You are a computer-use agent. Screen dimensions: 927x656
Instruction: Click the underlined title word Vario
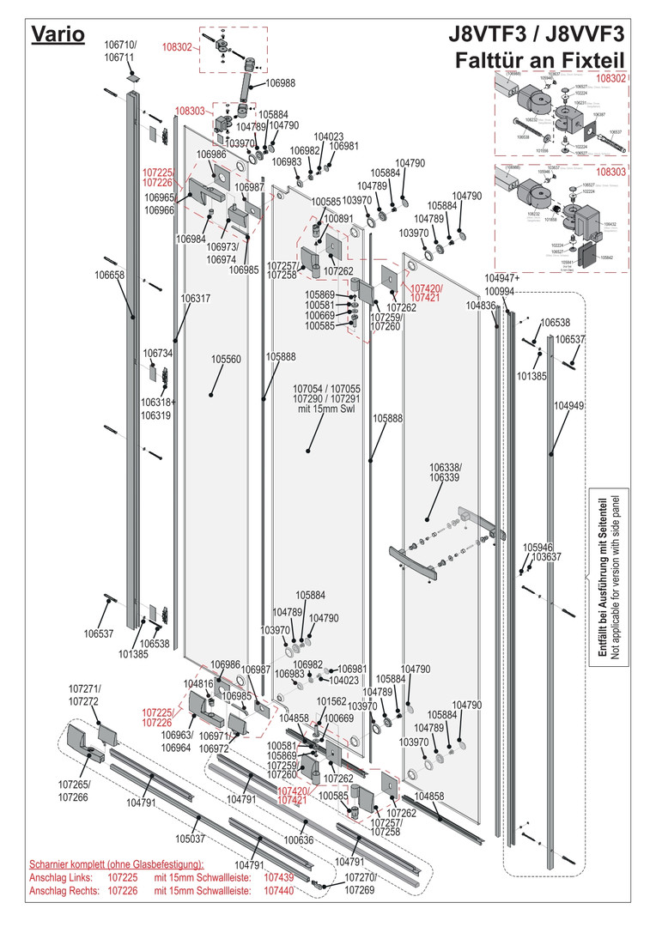[58, 34]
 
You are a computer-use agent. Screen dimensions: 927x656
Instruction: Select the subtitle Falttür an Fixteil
[540, 62]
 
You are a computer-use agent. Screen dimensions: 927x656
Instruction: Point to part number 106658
[110, 276]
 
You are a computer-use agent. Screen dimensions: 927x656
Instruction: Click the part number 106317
[196, 299]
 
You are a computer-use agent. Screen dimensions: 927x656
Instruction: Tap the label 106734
[158, 353]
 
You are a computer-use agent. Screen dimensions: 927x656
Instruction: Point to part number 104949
[568, 405]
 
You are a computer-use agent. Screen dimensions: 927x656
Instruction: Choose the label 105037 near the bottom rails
[191, 839]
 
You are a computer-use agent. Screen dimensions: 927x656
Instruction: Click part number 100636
[299, 839]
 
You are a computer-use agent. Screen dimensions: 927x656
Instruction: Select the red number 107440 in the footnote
[279, 892]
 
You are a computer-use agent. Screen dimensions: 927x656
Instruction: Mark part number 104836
[481, 306]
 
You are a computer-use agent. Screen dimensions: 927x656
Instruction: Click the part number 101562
[331, 701]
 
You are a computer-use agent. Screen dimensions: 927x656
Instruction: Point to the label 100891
[338, 219]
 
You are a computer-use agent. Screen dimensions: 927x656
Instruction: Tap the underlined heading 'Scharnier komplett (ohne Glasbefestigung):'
[117, 863]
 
